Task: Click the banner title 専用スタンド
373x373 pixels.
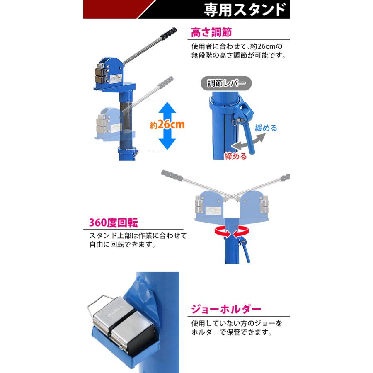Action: tap(245, 10)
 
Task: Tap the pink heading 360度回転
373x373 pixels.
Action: tap(113, 223)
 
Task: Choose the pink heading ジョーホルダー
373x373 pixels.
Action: tap(226, 309)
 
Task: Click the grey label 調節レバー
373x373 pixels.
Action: tap(226, 83)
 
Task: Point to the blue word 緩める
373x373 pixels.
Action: tap(266, 128)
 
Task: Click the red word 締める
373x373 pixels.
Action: tap(235, 156)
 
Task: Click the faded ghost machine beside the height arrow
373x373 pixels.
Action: tap(112, 122)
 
